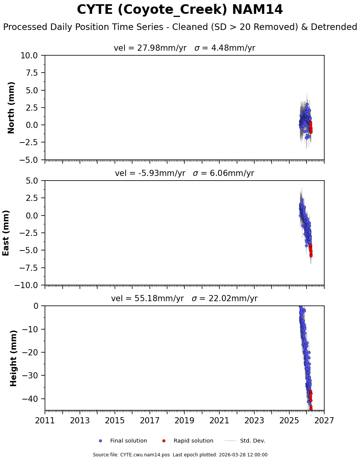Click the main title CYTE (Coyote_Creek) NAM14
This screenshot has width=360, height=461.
[180, 10]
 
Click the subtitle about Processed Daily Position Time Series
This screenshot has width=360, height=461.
[180, 27]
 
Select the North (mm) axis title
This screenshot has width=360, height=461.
[12, 108]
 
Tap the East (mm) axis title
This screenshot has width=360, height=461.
[6, 233]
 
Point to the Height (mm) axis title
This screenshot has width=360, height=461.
[14, 358]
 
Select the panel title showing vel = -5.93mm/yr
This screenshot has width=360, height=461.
[184, 173]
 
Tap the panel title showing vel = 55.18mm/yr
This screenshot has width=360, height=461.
[184, 298]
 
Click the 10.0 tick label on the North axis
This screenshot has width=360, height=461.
[29, 56]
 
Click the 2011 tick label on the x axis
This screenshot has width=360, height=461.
[45, 421]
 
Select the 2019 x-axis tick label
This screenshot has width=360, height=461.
[184, 421]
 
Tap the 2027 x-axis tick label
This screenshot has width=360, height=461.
[324, 421]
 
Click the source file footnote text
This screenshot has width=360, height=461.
[180, 455]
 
